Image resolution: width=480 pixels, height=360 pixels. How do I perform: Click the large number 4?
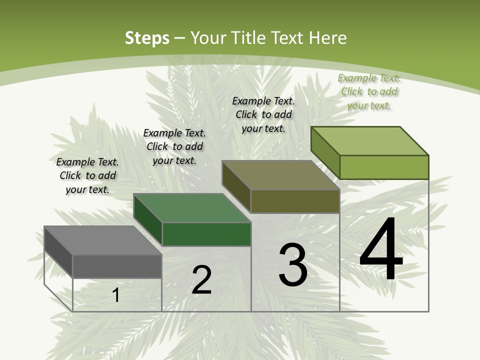[x=381, y=250]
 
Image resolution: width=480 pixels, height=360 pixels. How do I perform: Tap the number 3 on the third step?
[x=293, y=264]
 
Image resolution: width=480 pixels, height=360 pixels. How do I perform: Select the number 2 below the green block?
[x=202, y=280]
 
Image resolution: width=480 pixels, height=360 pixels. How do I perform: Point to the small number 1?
[x=116, y=295]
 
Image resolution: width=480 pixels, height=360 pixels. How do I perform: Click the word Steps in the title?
[x=147, y=37]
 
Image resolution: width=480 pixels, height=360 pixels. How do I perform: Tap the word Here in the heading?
[x=328, y=37]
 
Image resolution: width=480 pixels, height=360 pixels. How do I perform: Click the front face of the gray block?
[x=117, y=266]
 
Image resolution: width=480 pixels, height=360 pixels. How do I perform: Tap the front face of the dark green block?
[x=206, y=234]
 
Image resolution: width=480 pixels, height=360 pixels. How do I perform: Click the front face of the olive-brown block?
[x=295, y=201]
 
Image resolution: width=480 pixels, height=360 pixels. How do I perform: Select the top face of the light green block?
[x=369, y=141]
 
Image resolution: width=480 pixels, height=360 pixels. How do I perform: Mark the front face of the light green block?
[x=384, y=167]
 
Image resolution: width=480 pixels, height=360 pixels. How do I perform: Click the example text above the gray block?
[x=87, y=175]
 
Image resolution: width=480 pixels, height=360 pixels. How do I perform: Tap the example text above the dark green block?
[x=174, y=146]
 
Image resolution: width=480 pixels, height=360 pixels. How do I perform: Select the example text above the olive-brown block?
[x=263, y=114]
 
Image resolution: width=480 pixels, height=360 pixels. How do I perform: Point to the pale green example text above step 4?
[x=369, y=91]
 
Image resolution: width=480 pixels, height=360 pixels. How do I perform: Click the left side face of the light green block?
[x=325, y=152]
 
